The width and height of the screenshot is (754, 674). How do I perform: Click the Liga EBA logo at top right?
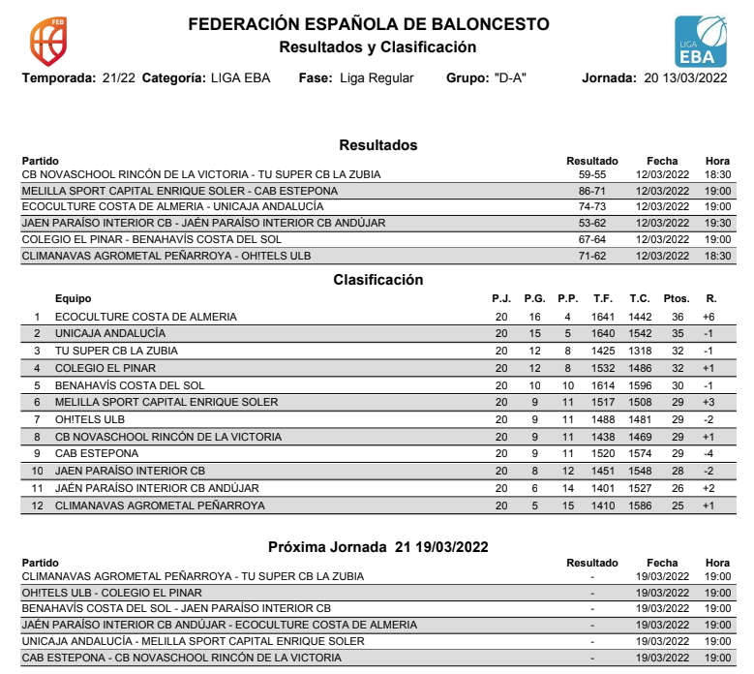point(700,42)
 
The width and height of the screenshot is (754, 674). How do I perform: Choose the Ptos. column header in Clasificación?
point(677,299)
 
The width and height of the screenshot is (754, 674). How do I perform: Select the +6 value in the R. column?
point(708,317)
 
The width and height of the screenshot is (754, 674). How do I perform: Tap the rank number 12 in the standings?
point(38,505)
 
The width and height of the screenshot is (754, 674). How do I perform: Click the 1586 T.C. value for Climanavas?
point(639,505)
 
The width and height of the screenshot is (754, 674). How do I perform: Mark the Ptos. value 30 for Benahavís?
point(677,384)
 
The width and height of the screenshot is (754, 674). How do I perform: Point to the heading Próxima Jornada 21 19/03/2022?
point(377,547)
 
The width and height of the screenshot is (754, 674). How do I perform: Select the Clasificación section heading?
point(377,281)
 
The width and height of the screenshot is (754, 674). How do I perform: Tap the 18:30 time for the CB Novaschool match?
point(717,174)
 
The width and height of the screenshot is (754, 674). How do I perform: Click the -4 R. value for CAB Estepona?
point(708,453)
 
